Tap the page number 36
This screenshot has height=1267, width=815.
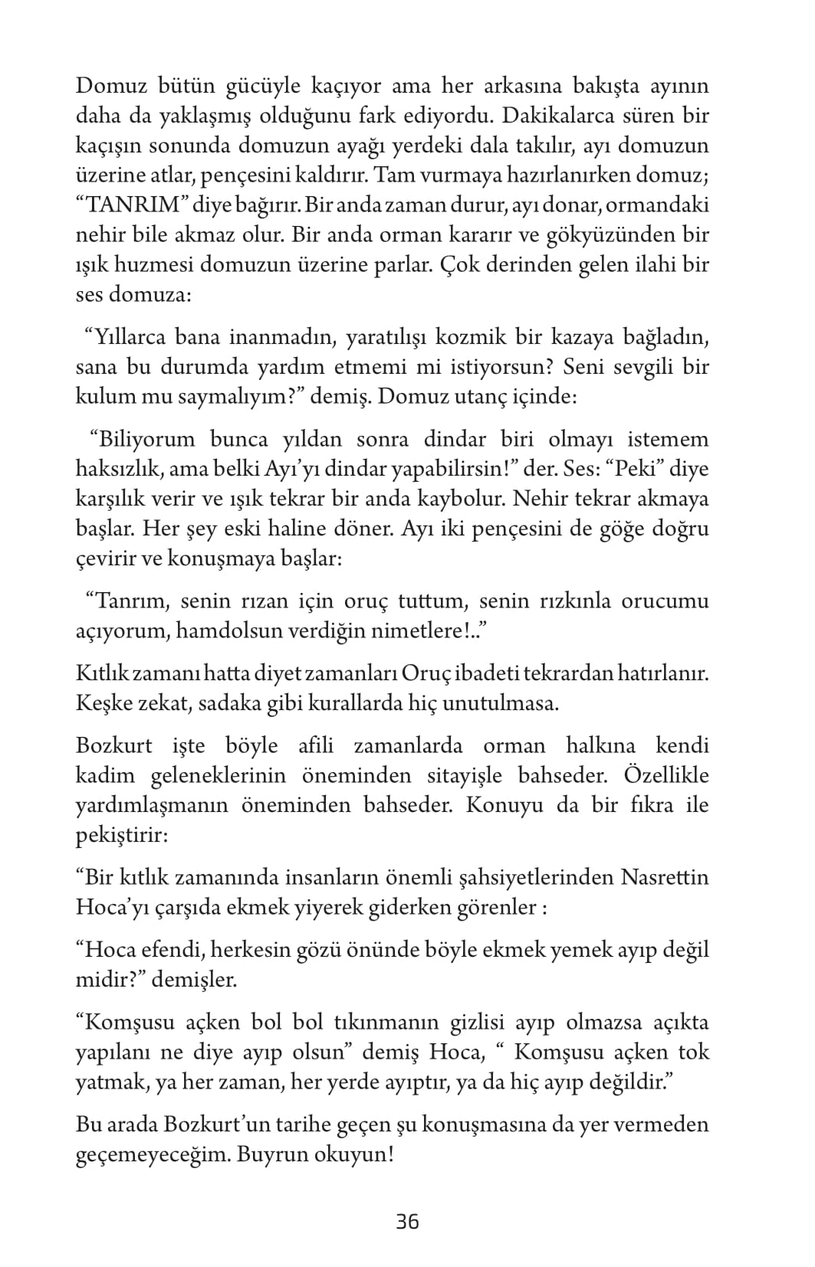click(x=407, y=1221)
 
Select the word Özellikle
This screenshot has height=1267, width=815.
click(x=666, y=775)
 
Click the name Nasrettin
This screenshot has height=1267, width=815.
click(x=663, y=876)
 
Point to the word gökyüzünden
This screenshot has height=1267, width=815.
click(x=608, y=235)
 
